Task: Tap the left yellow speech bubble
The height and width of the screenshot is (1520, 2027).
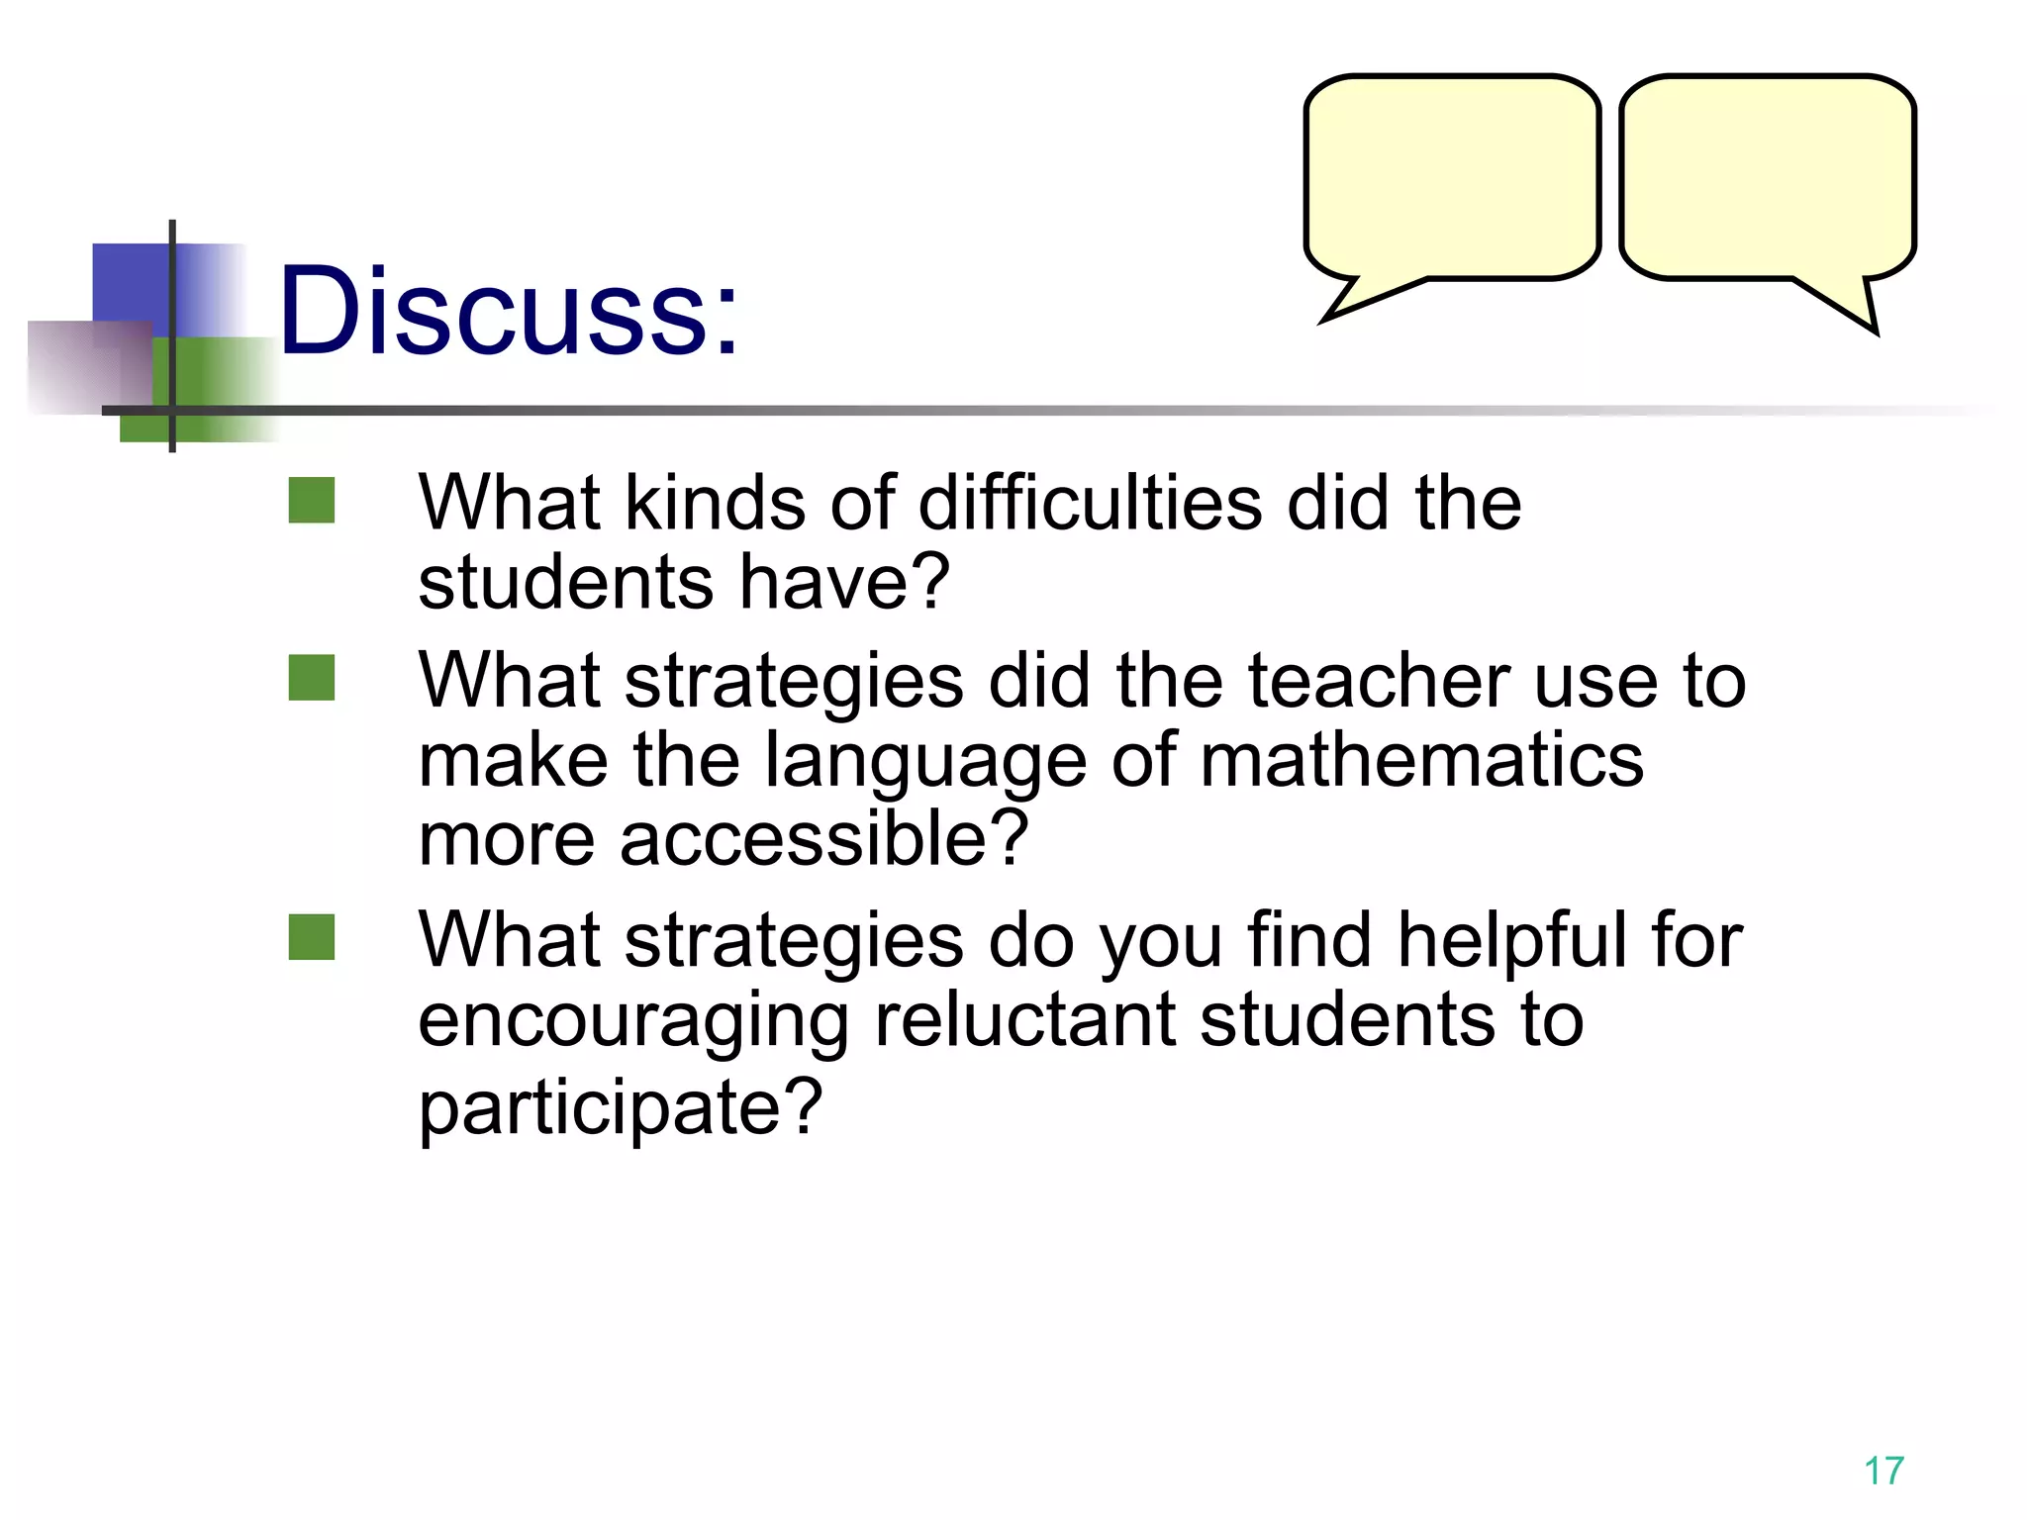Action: click(1451, 178)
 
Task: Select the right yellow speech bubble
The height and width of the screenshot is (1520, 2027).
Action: click(1768, 178)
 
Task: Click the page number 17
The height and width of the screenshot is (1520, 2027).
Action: click(1883, 1471)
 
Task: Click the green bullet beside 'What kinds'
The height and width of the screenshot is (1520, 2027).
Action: click(312, 500)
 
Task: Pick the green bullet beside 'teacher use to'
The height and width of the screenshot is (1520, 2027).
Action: click(312, 678)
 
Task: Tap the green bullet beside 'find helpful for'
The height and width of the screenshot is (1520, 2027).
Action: click(312, 936)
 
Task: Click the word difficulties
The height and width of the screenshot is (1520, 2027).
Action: click(1090, 503)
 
